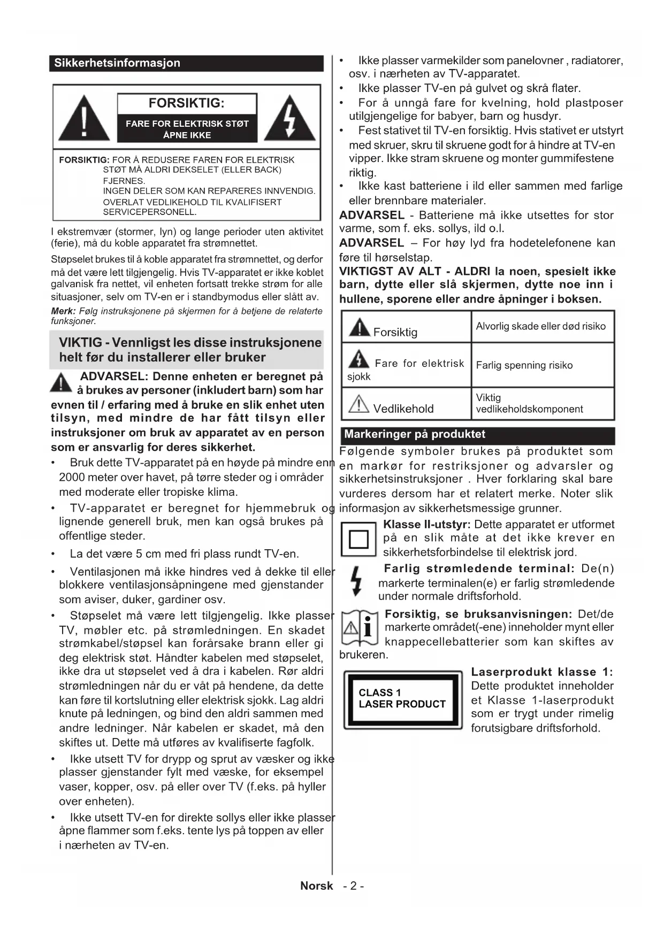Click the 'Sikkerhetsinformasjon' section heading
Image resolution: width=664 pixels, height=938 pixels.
[x=117, y=63]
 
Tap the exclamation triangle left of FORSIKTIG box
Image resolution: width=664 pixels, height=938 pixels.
[x=84, y=117]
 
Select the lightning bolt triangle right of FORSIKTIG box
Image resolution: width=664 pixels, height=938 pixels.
[x=289, y=117]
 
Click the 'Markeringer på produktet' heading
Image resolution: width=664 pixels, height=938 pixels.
[x=415, y=434]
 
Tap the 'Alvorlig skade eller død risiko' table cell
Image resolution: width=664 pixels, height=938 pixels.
[x=541, y=326]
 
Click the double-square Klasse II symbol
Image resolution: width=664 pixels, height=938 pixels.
[x=358, y=539]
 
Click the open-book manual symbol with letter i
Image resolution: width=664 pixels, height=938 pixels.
[x=360, y=627]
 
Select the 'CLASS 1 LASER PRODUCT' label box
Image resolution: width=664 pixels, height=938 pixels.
[x=402, y=699]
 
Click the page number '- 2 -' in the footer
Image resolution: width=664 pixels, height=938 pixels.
[x=354, y=886]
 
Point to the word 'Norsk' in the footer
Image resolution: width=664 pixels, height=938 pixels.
[x=317, y=886]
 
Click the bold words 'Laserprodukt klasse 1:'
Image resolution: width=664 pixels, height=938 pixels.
[x=541, y=672]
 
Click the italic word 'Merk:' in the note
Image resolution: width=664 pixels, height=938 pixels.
[x=63, y=311]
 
